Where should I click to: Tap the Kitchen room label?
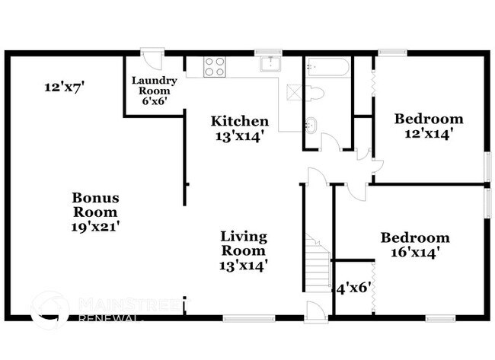coord(240,121)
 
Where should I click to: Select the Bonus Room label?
coord(95,205)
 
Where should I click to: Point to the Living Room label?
coord(244,243)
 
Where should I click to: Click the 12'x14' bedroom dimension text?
coord(428,133)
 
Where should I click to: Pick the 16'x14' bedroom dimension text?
coord(415,252)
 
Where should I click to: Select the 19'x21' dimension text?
coord(95,226)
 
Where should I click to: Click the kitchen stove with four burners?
coord(215,67)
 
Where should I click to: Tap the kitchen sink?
coord(269,65)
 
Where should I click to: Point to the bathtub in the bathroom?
coord(327,68)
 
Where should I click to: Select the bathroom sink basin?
coord(312,124)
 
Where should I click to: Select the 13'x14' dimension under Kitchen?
coord(240,137)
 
